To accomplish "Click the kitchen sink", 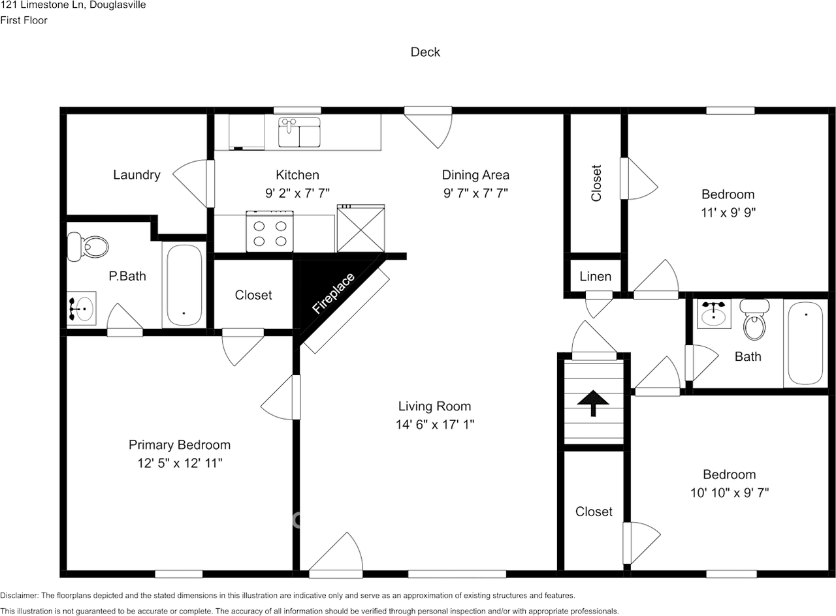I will pos(299,132).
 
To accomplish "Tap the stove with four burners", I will pos(270,232).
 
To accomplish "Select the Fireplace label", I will pos(333,294).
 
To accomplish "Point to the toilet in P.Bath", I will pos(89,247).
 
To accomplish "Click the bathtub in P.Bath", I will pos(184,286).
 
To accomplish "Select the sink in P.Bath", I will pos(82,309).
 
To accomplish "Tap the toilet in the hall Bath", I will pos(754,320).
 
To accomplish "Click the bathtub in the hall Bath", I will pos(805,343).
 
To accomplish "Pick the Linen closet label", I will pos(595,277).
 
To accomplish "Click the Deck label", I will pos(425,52).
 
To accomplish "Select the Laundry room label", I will pos(137,175).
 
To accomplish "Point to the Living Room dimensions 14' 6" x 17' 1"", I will pos(434,424).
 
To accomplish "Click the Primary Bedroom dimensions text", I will pos(179,463).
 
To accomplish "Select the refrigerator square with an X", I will pos(361,228).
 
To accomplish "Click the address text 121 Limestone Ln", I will pos(72,5).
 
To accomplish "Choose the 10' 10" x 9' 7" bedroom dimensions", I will pos(729,493).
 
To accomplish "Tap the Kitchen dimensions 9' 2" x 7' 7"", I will pos(297,193).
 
